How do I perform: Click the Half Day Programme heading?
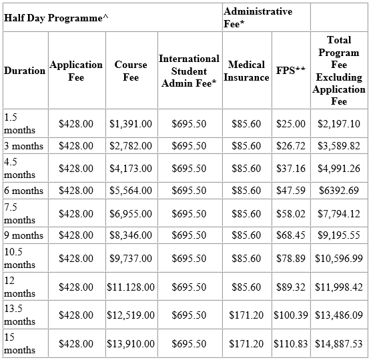[x=56, y=18]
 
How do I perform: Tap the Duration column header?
[x=25, y=71]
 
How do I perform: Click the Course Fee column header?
[x=131, y=71]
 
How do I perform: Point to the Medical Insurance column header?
[x=246, y=71]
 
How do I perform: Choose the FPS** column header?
[x=291, y=71]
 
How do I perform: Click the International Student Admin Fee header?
[x=189, y=71]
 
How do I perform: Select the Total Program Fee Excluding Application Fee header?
[x=338, y=71]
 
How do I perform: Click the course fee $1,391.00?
[x=131, y=124]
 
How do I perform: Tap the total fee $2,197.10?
[x=338, y=124]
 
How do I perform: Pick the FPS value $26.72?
[x=291, y=146]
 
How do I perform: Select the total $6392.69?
[x=338, y=191]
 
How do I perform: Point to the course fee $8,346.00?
[x=131, y=235]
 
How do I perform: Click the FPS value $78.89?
[x=291, y=258]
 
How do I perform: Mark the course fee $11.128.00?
[x=131, y=287]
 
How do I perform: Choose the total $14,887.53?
[x=338, y=344]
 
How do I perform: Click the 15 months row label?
[x=20, y=344]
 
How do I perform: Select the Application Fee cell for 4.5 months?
[x=76, y=169]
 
